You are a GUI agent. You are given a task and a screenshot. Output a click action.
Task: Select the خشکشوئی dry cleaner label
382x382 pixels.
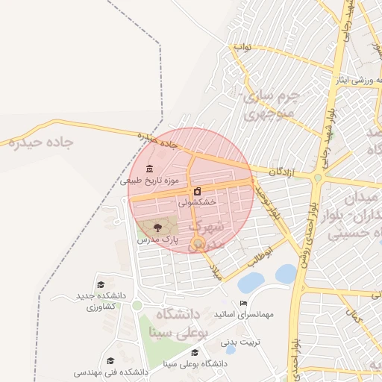click(x=198, y=201)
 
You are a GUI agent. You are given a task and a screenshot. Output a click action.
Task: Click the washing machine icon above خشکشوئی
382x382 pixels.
click(x=197, y=191)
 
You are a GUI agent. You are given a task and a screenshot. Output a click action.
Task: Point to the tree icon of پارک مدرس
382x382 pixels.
click(x=157, y=227)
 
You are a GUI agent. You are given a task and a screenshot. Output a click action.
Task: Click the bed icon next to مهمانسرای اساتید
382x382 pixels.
click(x=243, y=304)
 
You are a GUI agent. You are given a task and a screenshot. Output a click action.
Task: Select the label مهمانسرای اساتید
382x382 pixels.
click(x=243, y=315)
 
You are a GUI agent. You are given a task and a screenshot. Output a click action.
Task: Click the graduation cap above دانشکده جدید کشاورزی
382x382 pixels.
click(x=101, y=284)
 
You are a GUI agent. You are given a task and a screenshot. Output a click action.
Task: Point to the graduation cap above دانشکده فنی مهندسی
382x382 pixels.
click(x=110, y=360)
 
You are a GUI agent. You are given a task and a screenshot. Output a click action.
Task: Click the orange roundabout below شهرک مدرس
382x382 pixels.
click(x=197, y=242)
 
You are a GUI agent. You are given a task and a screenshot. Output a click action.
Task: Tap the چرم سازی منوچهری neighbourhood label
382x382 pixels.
click(x=270, y=105)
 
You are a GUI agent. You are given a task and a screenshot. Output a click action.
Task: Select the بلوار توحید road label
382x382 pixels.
click(x=268, y=198)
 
